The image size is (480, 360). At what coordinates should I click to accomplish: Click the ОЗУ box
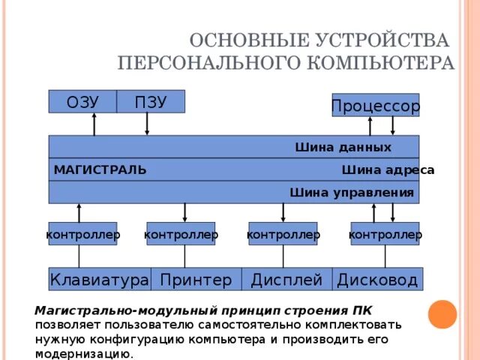point(82,101)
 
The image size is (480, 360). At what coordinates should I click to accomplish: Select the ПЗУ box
point(151,101)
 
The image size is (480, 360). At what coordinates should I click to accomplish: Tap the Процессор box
point(375,106)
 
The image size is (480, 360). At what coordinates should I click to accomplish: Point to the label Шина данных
point(343,147)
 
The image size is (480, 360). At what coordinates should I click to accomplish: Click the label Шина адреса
point(387,170)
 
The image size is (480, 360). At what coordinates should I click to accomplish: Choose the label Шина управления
point(352,193)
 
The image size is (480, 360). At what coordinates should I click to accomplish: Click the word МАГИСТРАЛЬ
point(100,170)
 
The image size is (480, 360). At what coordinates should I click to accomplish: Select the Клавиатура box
point(99,280)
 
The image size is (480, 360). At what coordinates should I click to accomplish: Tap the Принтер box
point(196,280)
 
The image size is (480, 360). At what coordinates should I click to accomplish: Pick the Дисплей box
point(286,280)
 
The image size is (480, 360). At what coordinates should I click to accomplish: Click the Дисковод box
point(377,280)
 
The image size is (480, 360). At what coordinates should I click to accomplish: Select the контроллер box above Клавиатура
point(82,235)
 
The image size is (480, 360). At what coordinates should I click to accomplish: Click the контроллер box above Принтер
point(181,235)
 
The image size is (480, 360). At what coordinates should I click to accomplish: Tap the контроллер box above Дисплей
point(283,235)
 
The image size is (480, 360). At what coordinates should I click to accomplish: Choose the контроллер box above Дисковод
point(385,235)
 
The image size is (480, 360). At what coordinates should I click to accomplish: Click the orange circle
point(442,314)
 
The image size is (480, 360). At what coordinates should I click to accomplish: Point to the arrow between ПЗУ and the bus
point(147,124)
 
